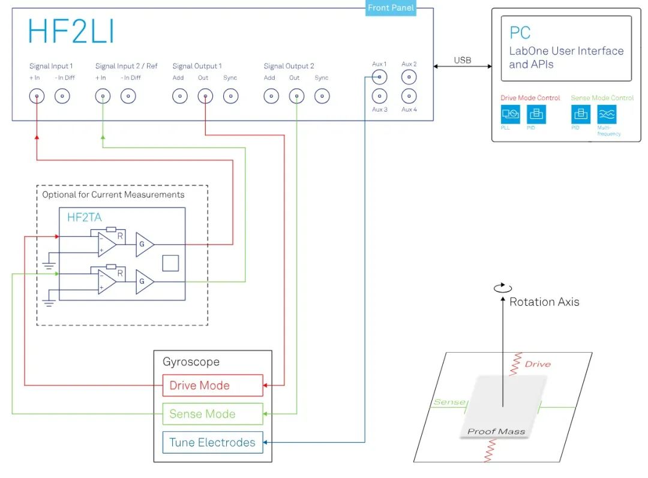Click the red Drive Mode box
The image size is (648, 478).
pos(212,386)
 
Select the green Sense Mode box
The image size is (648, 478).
pos(212,414)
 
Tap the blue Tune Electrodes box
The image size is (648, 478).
pos(212,443)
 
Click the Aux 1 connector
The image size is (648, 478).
pos(379,77)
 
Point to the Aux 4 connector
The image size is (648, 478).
pos(409,95)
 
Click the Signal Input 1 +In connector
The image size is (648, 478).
pos(37,96)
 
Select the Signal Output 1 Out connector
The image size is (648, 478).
pos(205,96)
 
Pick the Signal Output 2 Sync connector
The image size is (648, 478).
pos(322,96)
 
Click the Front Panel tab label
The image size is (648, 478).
pos(391,8)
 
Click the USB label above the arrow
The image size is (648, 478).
pos(463,61)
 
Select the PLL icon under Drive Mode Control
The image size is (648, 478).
pos(511,114)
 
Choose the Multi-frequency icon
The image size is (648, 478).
pos(607,114)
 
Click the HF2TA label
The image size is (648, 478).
pos(85,218)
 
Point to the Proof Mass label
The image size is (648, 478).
pos(496,431)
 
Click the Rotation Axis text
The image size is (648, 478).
pos(544,302)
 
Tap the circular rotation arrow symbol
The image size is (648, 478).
pos(503,288)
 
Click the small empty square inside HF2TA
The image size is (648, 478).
pos(170,263)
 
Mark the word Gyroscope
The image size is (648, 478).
pos(191,362)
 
